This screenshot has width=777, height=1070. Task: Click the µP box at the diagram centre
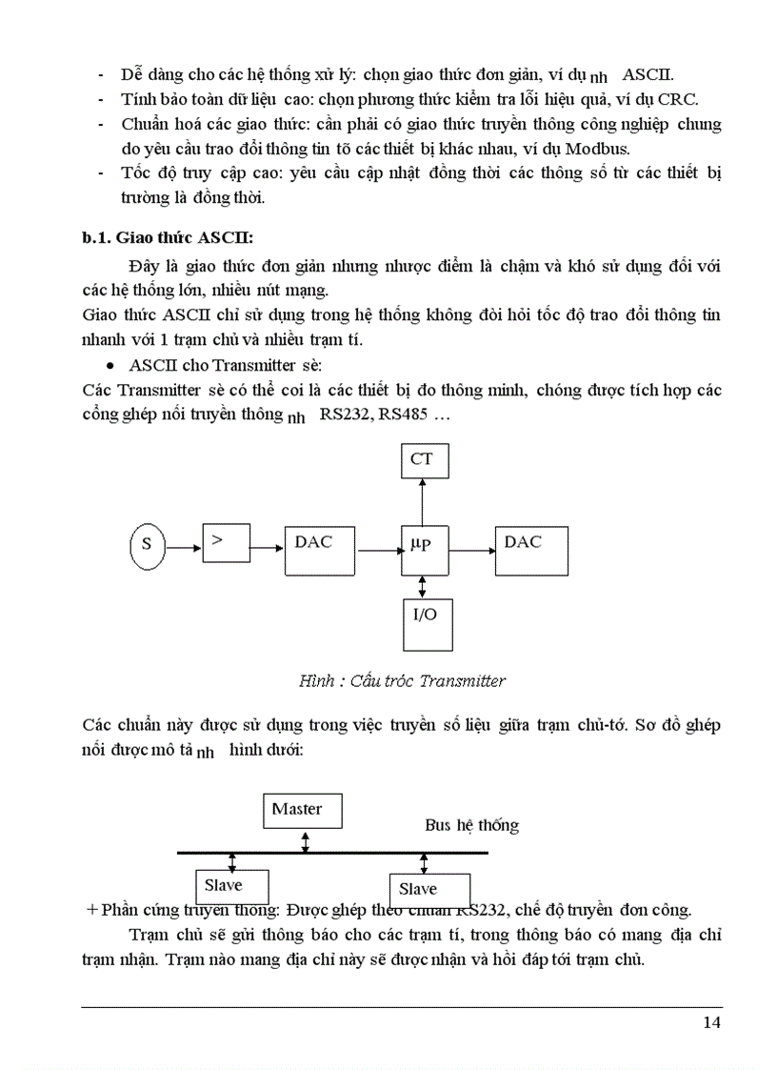pyautogui.click(x=422, y=548)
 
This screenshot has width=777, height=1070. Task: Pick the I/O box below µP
pyautogui.click(x=425, y=624)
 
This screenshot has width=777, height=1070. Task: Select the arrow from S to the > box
pyautogui.click(x=183, y=547)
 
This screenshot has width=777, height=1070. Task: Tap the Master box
pyautogui.click(x=304, y=811)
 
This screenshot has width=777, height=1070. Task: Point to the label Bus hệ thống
pyautogui.click(x=472, y=825)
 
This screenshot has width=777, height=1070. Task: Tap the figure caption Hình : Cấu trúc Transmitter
pyautogui.click(x=402, y=680)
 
